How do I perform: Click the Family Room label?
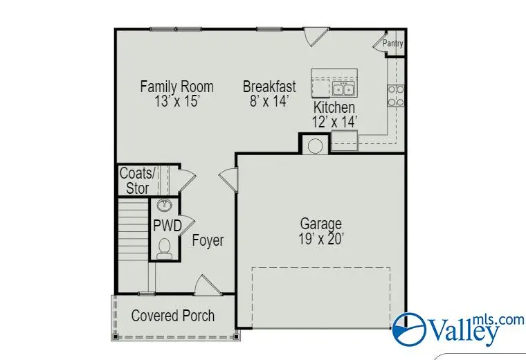[x=176, y=87]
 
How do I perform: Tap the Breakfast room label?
[x=269, y=87]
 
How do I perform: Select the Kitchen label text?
[x=334, y=107]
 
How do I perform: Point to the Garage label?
[x=320, y=224]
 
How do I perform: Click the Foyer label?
[x=208, y=241]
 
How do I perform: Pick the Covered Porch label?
[x=173, y=316]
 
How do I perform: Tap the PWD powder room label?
[x=167, y=226]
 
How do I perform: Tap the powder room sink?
[x=165, y=206]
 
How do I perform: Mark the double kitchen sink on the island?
[x=343, y=89]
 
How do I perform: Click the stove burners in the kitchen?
[x=396, y=96]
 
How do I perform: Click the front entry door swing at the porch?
[x=206, y=285]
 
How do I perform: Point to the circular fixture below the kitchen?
[x=315, y=146]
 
